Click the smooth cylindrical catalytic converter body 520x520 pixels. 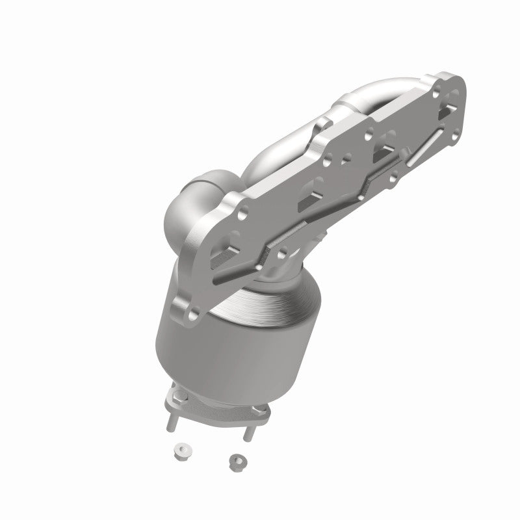point(201,351)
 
